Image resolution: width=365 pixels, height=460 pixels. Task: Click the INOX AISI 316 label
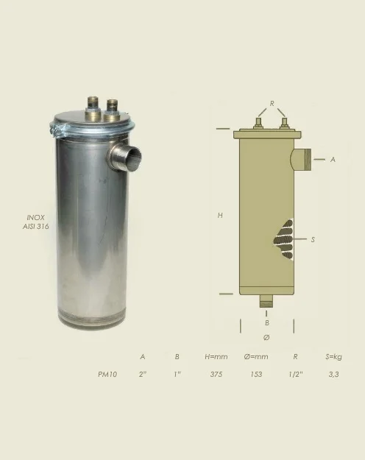[x=35, y=222]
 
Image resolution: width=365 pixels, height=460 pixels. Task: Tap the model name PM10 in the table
[x=107, y=375]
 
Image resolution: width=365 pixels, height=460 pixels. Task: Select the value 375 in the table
[x=216, y=375]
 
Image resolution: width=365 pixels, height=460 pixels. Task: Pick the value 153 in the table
[x=256, y=375]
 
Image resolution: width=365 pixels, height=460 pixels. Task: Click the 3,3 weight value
[x=334, y=375]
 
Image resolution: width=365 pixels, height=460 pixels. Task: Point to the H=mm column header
[x=216, y=357]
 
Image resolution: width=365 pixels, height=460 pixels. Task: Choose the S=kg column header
[x=333, y=357]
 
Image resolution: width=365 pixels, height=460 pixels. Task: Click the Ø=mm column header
[x=256, y=357]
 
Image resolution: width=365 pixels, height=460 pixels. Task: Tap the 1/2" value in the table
[x=296, y=375]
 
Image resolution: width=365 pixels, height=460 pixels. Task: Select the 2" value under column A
[x=143, y=375]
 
